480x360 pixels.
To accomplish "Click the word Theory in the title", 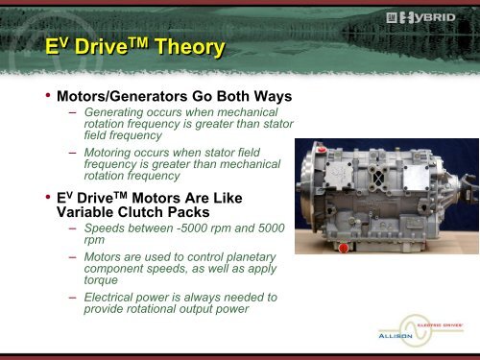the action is (x=190, y=47).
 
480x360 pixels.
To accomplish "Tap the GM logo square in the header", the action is (x=392, y=17).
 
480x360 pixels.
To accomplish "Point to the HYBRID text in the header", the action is (x=427, y=17).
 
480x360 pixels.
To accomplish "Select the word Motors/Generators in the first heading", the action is (x=122, y=97).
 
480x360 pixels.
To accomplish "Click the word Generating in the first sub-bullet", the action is (x=113, y=112).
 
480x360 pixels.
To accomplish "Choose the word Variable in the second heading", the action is (x=85, y=212).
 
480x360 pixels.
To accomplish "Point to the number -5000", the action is (x=192, y=228).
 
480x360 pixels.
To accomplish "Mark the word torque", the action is (x=101, y=280).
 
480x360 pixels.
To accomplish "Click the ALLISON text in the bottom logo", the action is (x=396, y=336).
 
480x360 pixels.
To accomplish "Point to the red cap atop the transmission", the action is (x=322, y=150).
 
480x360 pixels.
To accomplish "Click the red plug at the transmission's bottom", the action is (x=343, y=248).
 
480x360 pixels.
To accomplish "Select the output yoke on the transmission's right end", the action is (x=468, y=189).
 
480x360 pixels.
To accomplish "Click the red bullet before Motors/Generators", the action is (x=48, y=95).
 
